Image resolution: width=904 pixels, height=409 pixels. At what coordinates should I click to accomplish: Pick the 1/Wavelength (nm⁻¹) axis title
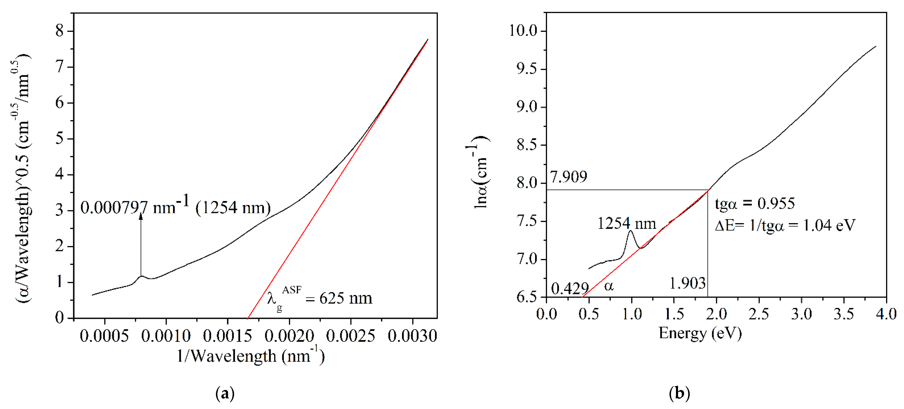250,356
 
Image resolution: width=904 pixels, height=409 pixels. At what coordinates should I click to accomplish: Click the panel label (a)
225,393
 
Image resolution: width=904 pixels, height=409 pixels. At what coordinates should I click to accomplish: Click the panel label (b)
679,393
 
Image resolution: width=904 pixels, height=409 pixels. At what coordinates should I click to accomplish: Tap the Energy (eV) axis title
700,333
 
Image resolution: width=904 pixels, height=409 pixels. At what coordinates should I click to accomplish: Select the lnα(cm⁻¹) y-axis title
481,172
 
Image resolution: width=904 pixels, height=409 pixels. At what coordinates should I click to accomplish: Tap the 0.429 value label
570,289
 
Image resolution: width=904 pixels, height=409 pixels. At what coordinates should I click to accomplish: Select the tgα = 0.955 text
755,203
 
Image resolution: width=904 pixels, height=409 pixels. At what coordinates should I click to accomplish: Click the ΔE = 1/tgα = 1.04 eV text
785,225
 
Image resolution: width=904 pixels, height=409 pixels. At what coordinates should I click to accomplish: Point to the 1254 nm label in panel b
626,223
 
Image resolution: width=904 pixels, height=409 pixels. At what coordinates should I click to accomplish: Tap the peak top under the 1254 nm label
631,231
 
